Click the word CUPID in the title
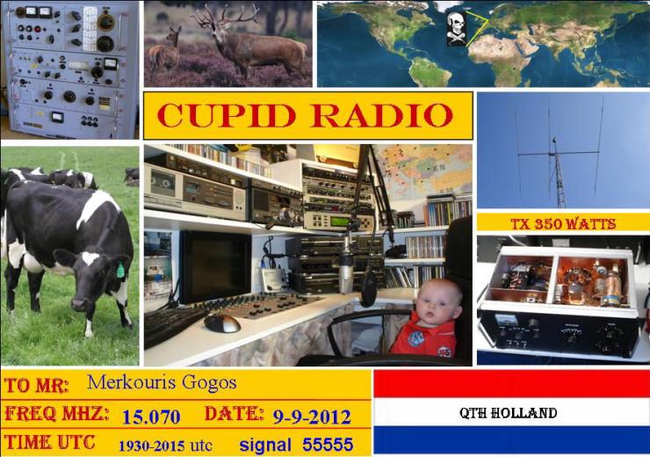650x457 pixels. click(227, 115)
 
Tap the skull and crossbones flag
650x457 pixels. click(457, 28)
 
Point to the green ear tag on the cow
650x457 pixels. click(120, 271)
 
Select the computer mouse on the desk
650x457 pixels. click(222, 323)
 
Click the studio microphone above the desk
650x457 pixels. click(347, 265)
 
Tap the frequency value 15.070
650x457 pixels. click(151, 417)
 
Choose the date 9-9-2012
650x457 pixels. click(312, 417)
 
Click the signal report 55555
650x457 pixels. click(328, 445)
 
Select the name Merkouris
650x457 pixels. click(133, 382)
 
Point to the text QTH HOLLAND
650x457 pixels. click(508, 413)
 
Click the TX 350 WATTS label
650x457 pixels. click(563, 224)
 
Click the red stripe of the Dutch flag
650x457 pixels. click(511, 384)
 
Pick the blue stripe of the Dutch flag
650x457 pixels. click(511, 440)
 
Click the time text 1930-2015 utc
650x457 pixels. click(165, 446)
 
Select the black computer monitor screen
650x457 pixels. click(215, 266)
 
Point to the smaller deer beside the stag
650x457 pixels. click(166, 50)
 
